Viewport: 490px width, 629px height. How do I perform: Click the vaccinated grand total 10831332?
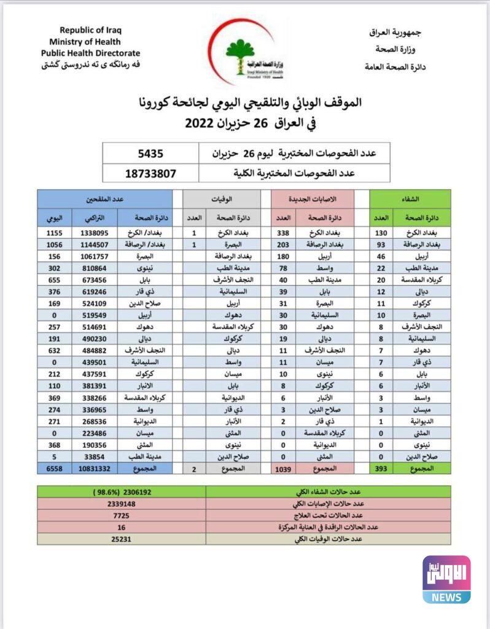click(x=95, y=469)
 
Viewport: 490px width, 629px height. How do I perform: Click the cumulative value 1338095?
click(x=95, y=233)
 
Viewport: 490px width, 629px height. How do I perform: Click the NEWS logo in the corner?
click(x=446, y=580)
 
